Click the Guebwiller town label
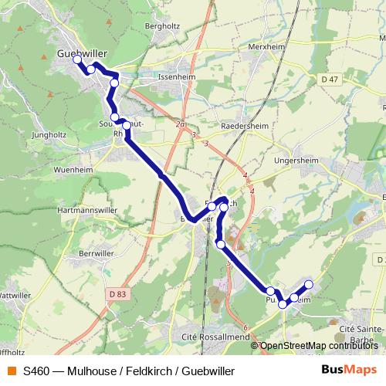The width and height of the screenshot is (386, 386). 82,52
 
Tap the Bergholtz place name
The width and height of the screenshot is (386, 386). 161,25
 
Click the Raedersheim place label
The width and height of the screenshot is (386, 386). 244,125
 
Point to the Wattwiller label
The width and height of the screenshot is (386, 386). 14,295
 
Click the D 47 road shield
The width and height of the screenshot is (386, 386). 330,80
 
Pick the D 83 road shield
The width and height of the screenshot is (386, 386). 117,293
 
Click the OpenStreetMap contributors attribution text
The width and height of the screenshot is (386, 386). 319,345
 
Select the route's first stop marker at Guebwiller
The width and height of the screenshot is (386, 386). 77,59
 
